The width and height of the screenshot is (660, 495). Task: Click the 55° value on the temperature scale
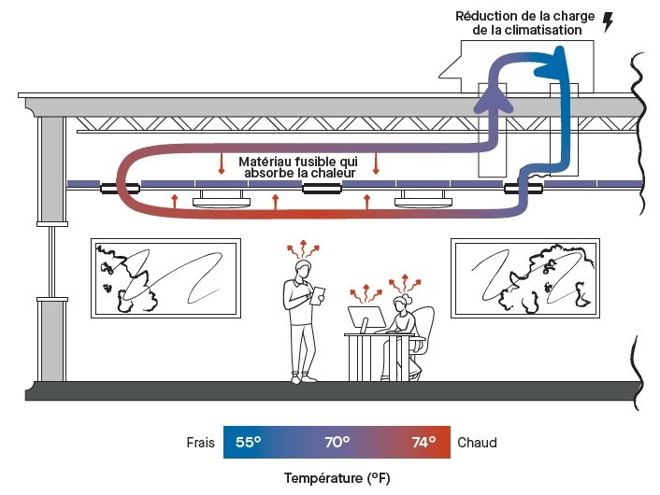(248, 442)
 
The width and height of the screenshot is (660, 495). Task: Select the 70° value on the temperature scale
(337, 442)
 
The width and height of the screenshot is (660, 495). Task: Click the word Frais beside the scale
(200, 442)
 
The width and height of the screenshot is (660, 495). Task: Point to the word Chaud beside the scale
(477, 442)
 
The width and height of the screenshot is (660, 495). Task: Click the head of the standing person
(303, 270)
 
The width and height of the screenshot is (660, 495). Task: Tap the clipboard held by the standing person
(318, 292)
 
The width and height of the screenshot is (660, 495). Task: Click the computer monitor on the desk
(366, 318)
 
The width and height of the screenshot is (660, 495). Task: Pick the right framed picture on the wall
(524, 278)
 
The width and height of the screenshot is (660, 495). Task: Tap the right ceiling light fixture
(423, 199)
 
